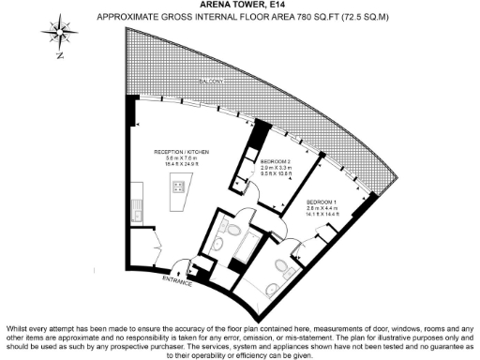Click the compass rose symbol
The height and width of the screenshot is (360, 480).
(58, 35)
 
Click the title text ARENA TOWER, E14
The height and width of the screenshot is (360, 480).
(241, 7)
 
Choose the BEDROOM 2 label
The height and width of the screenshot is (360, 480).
(277, 161)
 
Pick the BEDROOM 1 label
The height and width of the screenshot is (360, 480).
(321, 202)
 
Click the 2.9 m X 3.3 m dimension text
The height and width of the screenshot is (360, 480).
(277, 168)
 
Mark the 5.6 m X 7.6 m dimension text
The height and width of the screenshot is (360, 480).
(182, 158)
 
